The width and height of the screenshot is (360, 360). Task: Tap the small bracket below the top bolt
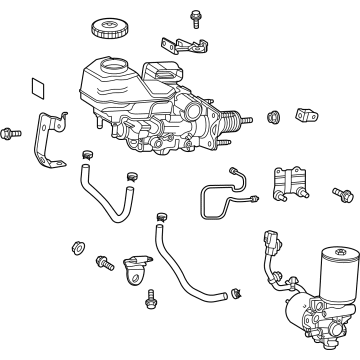pos(180,47)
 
